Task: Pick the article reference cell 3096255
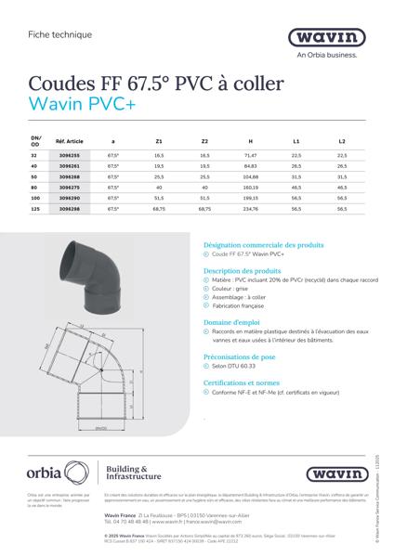(70, 155)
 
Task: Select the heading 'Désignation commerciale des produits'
(263, 245)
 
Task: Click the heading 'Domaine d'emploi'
(232, 320)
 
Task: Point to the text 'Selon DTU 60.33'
(238, 367)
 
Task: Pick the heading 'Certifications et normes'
(243, 382)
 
